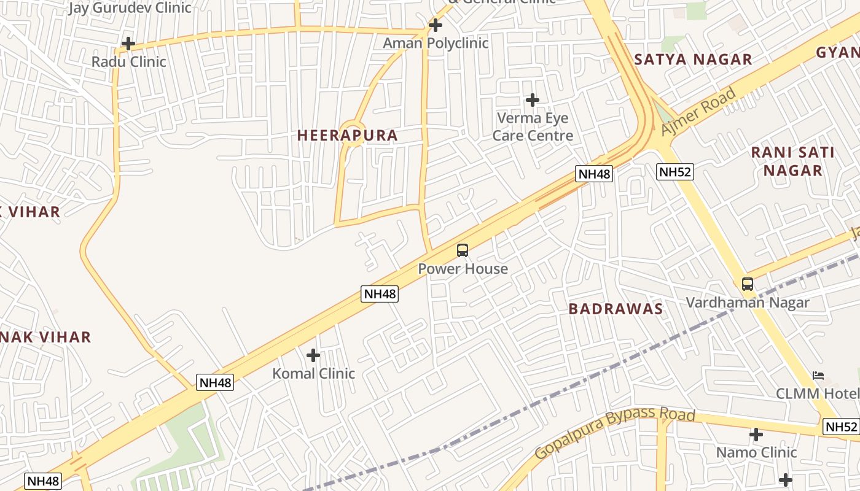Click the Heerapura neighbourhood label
click(x=348, y=136)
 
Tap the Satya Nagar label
click(x=693, y=60)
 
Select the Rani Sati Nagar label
click(x=793, y=161)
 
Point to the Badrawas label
click(x=616, y=309)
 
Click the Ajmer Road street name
click(x=698, y=112)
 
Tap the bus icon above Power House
click(x=463, y=250)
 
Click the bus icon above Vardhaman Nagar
click(x=748, y=284)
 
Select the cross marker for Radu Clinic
click(x=128, y=44)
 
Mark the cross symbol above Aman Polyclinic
click(x=436, y=25)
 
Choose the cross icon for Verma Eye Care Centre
click(x=533, y=99)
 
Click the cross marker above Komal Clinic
click(x=313, y=355)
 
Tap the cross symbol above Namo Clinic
click(x=756, y=435)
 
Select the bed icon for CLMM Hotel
click(x=818, y=376)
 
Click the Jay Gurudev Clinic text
click(x=130, y=8)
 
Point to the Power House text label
click(x=463, y=269)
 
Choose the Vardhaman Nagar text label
click(x=748, y=303)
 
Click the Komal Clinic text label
click(x=313, y=373)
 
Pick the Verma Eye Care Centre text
click(x=533, y=126)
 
